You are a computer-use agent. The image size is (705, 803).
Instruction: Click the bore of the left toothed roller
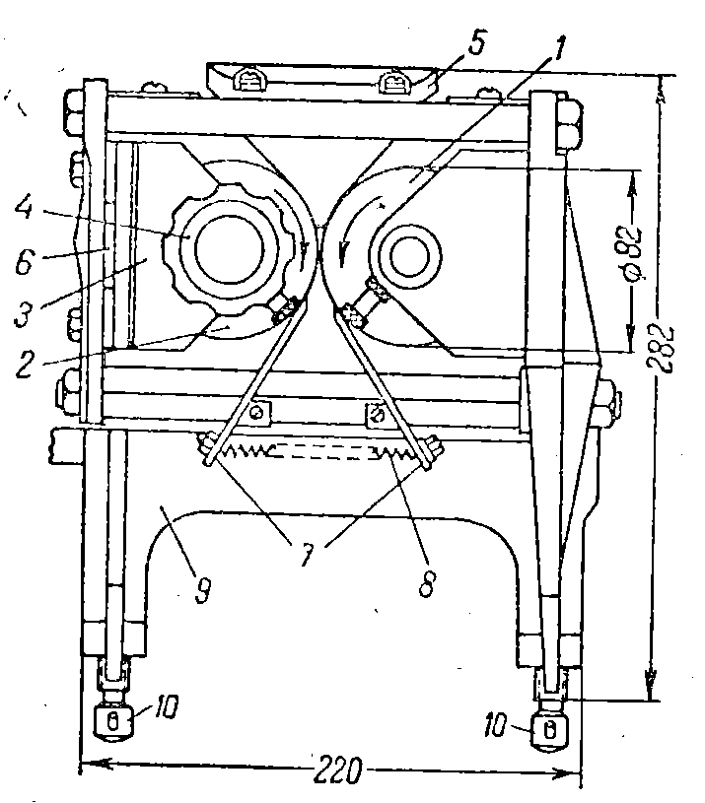point(229,246)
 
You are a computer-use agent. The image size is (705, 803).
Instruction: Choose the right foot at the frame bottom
point(548,730)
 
